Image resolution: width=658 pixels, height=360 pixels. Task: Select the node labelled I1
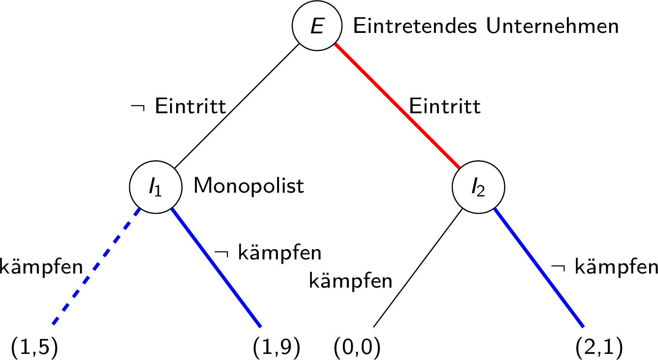[x=155, y=187]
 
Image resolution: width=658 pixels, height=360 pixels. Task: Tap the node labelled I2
[x=478, y=187]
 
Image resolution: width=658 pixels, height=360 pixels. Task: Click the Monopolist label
[x=249, y=187]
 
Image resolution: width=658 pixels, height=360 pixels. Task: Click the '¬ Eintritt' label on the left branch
[x=179, y=108]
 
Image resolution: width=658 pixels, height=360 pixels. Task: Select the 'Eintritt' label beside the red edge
[x=445, y=107]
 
